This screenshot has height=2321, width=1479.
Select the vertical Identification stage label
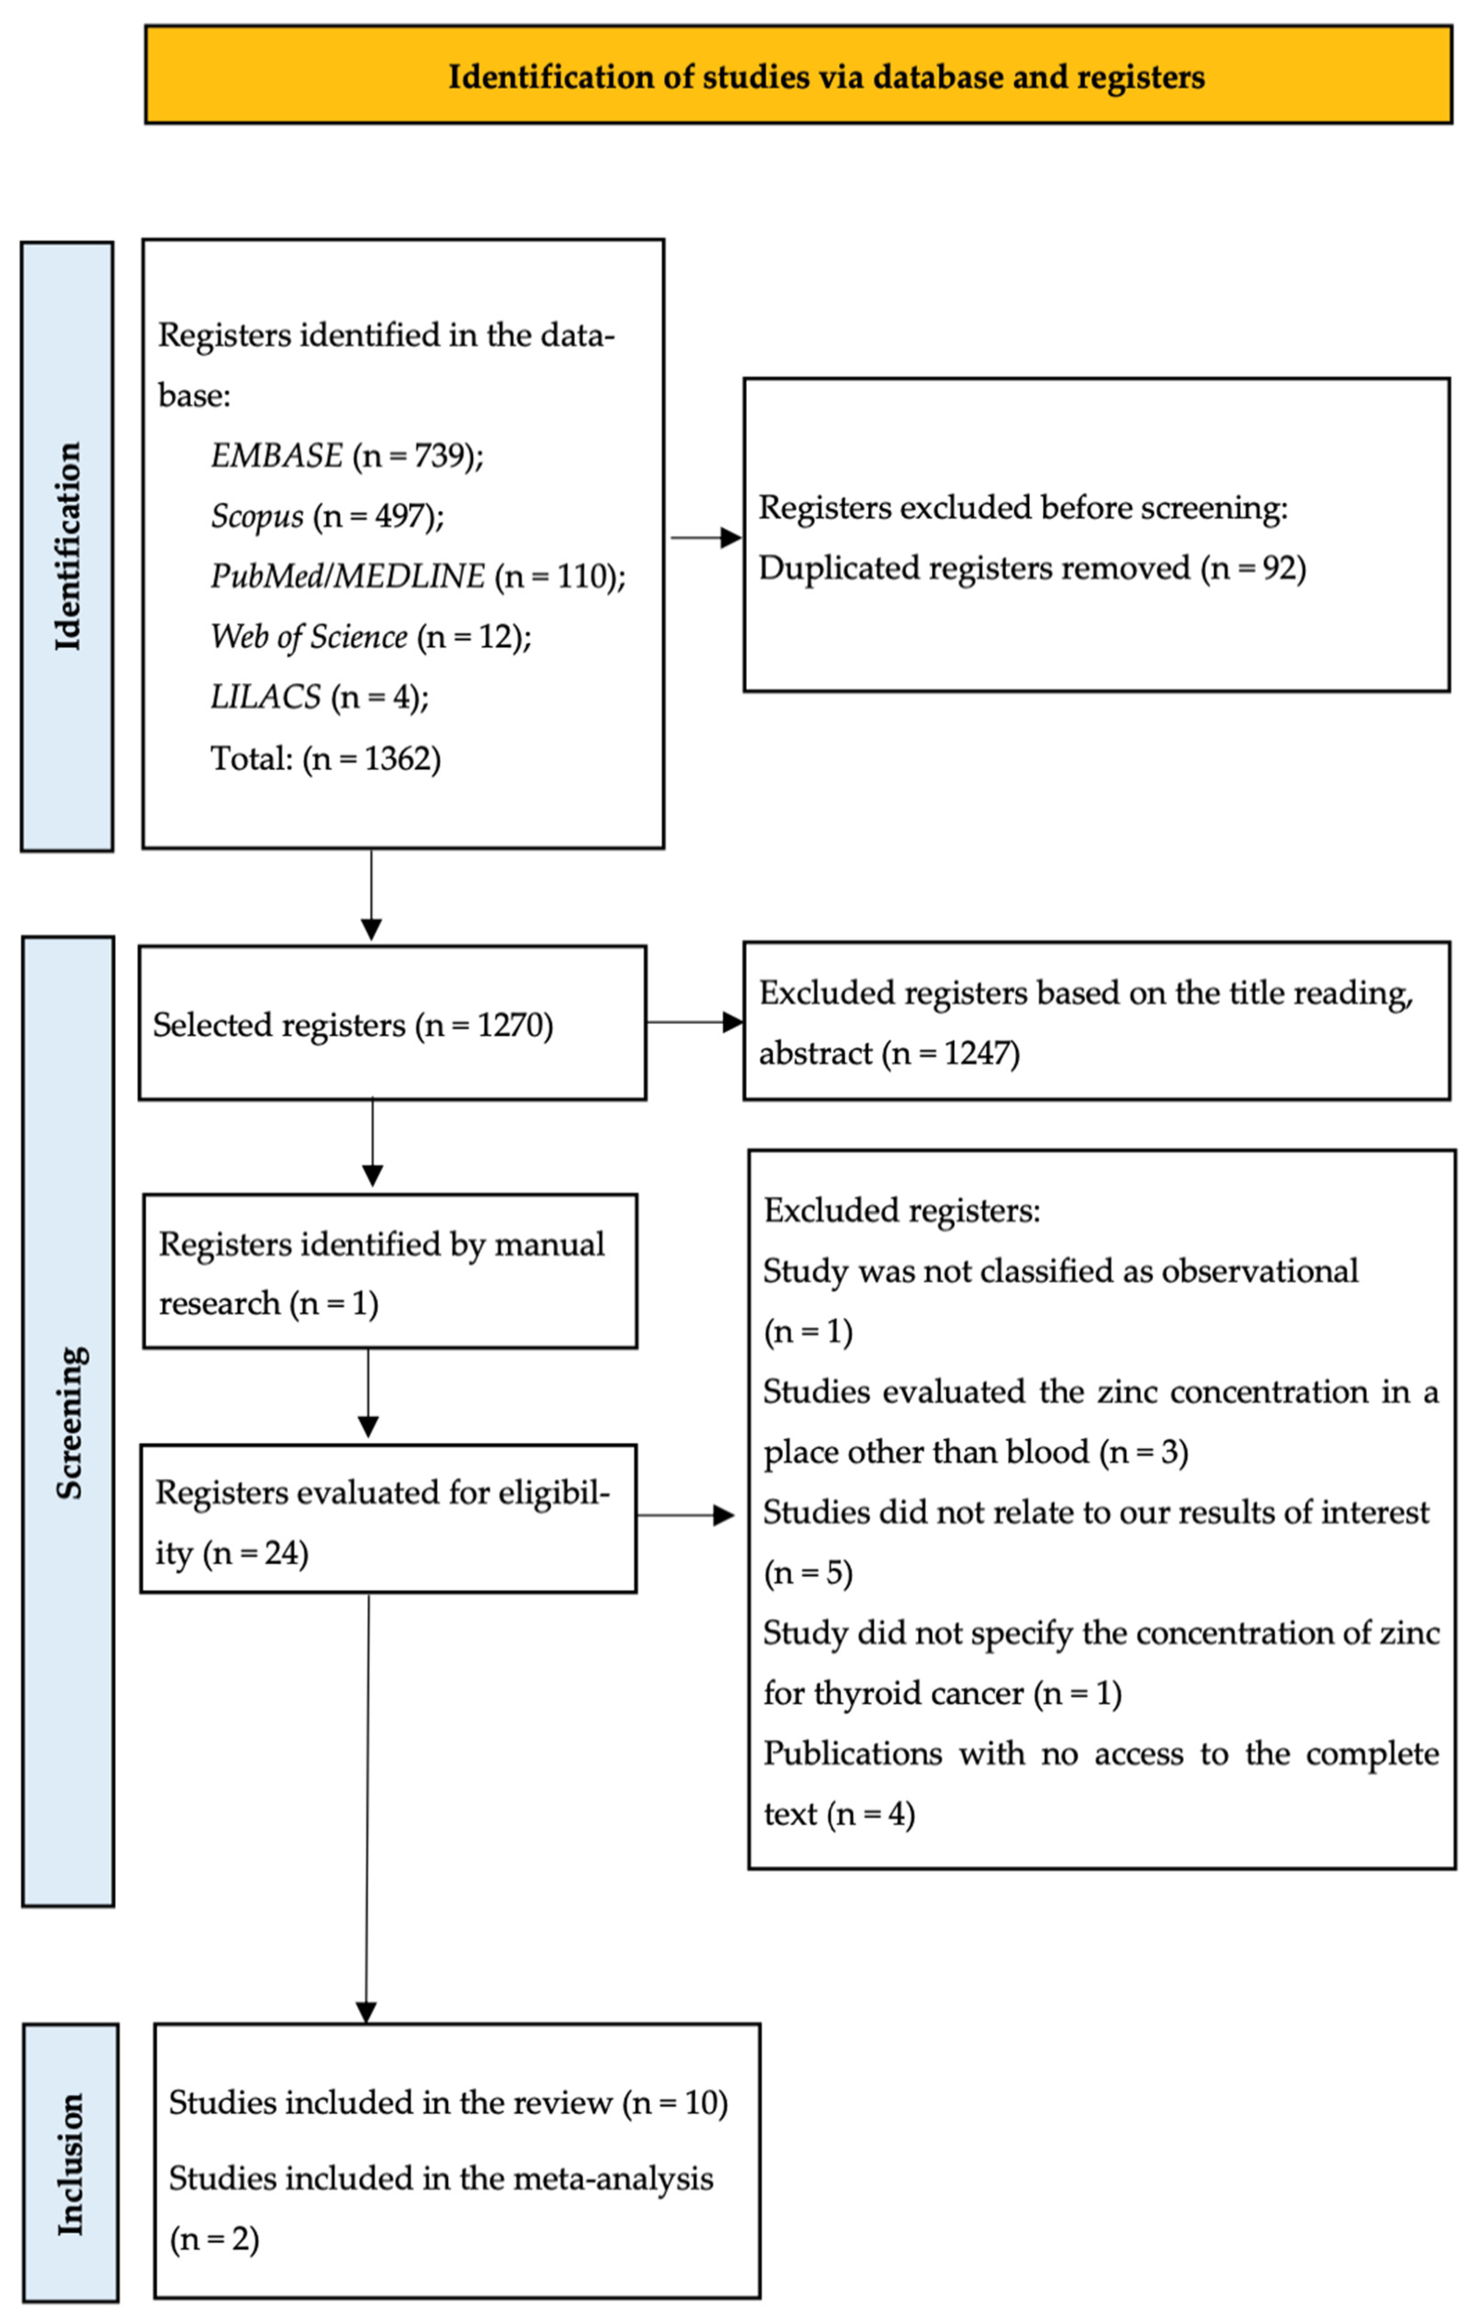click(x=68, y=547)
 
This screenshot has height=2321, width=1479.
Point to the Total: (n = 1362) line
click(x=326, y=758)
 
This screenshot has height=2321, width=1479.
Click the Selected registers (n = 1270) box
click(x=392, y=1022)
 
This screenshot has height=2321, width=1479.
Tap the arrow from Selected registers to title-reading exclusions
click(x=694, y=1022)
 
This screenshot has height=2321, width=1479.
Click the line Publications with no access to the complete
click(x=1101, y=1753)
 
